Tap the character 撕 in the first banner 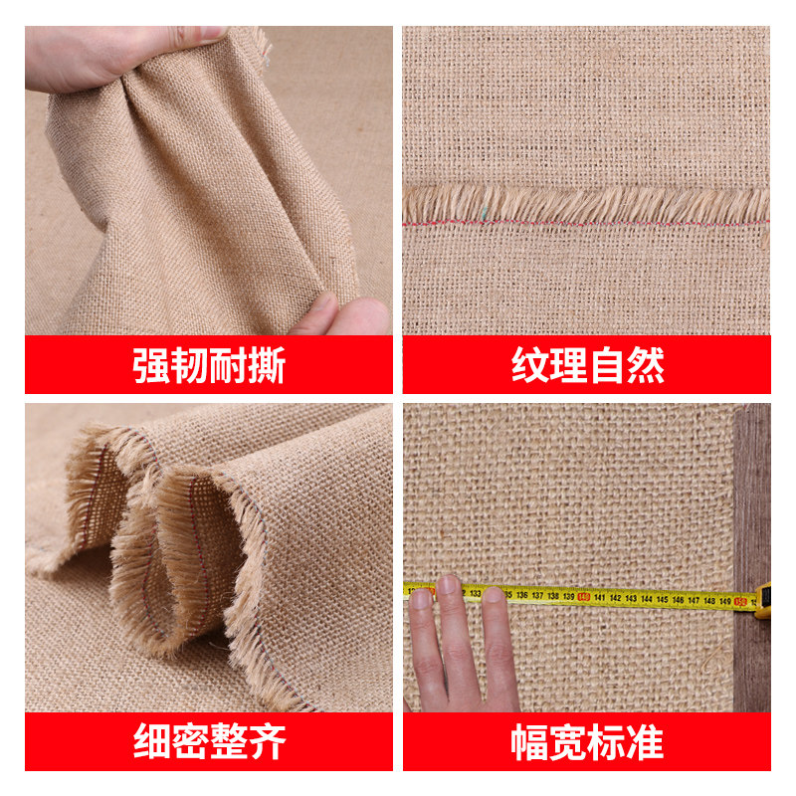tap(267, 366)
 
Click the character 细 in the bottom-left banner tap(152, 742)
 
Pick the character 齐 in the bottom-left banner tap(267, 742)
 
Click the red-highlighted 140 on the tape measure tap(584, 597)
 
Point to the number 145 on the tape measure tap(663, 599)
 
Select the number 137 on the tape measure tap(537, 596)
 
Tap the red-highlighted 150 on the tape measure tap(740, 601)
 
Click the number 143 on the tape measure tap(631, 598)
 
